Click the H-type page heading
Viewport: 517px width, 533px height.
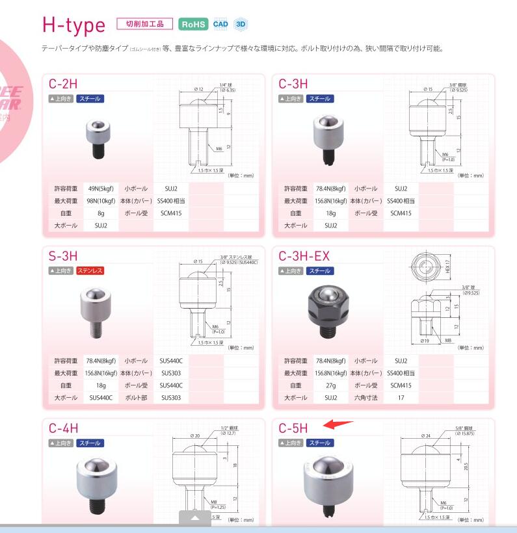click(x=73, y=25)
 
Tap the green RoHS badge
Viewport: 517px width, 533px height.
click(x=194, y=25)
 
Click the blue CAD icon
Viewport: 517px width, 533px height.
click(x=221, y=25)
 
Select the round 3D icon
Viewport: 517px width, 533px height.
click(x=241, y=25)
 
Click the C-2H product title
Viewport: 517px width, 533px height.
click(x=63, y=84)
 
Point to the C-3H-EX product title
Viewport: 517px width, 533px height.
click(x=304, y=256)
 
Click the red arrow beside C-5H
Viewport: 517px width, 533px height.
click(x=339, y=424)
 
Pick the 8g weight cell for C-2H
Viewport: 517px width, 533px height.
click(x=101, y=213)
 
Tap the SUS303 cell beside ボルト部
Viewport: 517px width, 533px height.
click(x=171, y=397)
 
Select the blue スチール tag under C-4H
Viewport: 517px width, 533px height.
click(x=90, y=443)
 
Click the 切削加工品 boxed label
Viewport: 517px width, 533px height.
click(x=144, y=24)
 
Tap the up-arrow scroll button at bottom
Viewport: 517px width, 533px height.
click(x=194, y=518)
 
